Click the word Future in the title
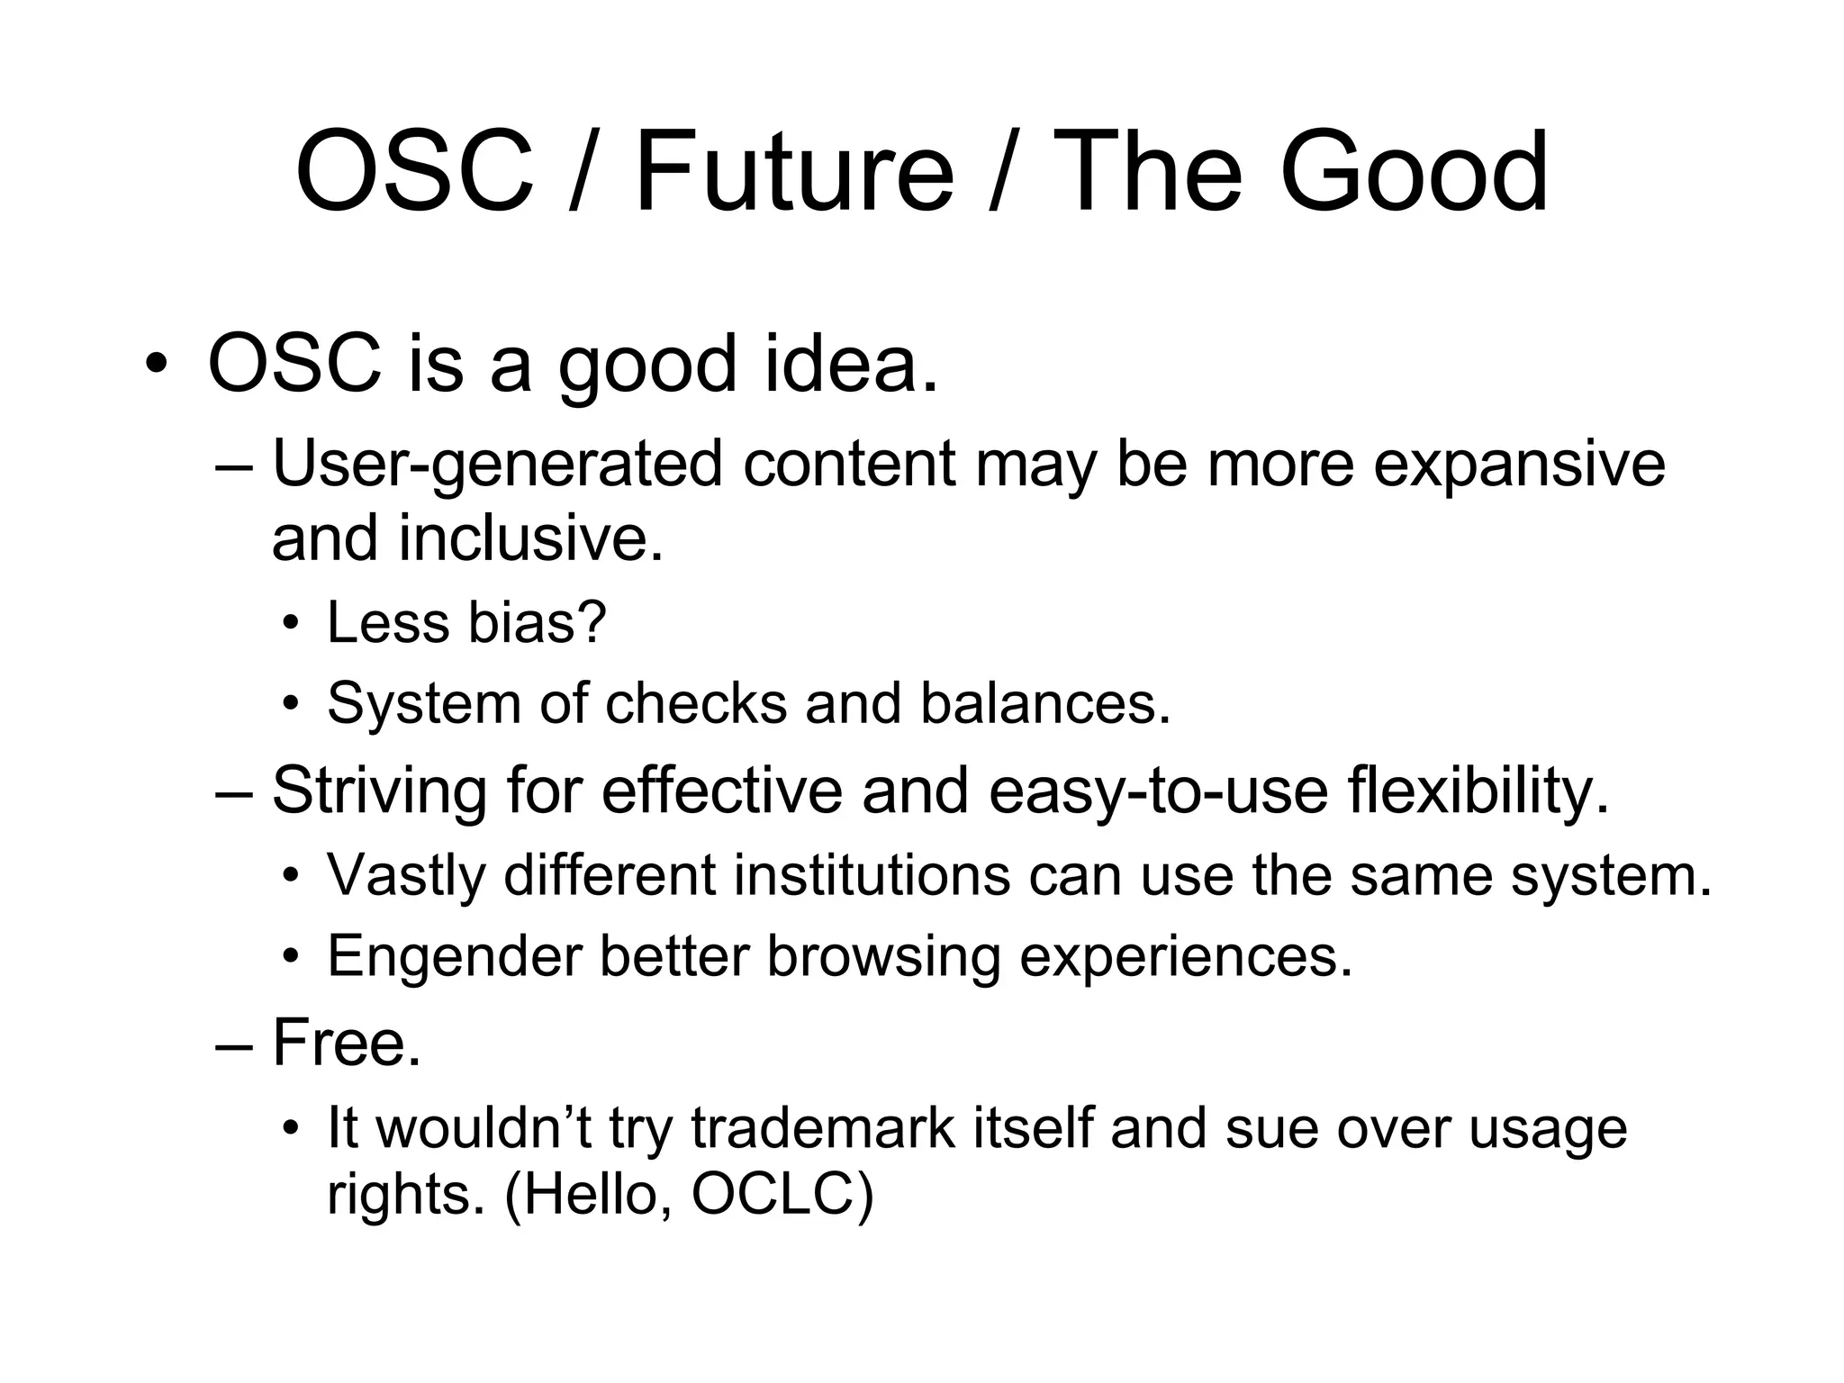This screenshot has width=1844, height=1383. click(x=794, y=171)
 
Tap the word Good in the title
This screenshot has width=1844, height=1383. click(x=1414, y=171)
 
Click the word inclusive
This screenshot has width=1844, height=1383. click(x=531, y=538)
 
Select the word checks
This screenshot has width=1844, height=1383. click(x=696, y=703)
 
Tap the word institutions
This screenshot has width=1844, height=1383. click(x=872, y=875)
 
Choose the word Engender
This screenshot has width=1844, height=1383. click(x=454, y=956)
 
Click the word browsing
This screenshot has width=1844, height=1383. click(x=883, y=956)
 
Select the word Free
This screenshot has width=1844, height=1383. click(x=347, y=1043)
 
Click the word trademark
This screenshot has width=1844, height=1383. click(x=822, y=1127)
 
